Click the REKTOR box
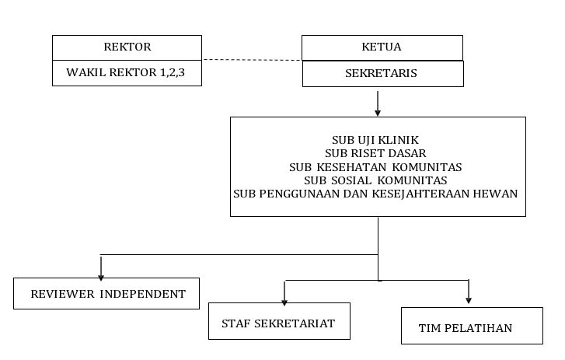click(127, 47)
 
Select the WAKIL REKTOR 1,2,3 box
click(127, 73)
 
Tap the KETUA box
click(382, 47)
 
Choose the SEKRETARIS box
click(383, 74)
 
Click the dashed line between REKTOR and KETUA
click(252, 60)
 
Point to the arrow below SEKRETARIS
click(378, 103)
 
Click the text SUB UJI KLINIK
click(375, 140)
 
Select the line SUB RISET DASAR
click(375, 153)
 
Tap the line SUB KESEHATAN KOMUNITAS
click(375, 167)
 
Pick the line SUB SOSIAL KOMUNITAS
click(375, 180)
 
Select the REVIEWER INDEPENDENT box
click(106, 293)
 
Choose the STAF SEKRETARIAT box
click(279, 321)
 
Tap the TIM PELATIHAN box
click(472, 326)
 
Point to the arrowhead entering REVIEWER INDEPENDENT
click(101, 278)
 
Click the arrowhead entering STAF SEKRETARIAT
click(284, 302)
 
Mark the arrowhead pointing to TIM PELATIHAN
click(469, 300)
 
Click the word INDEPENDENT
click(143, 294)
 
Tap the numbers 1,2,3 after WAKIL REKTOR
click(173, 73)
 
